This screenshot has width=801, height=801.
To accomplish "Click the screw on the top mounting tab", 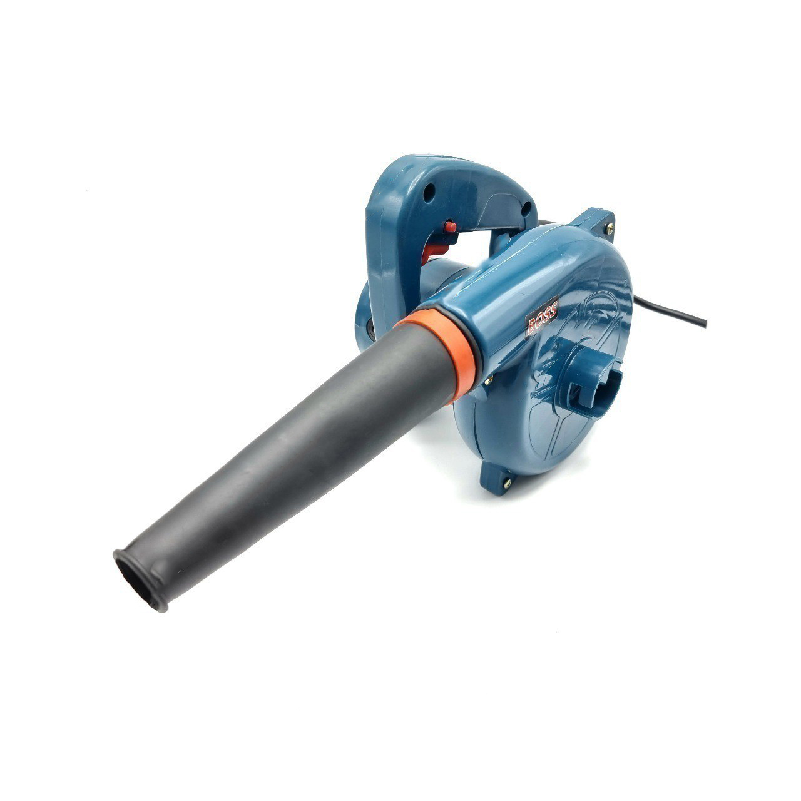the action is click(610, 227).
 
